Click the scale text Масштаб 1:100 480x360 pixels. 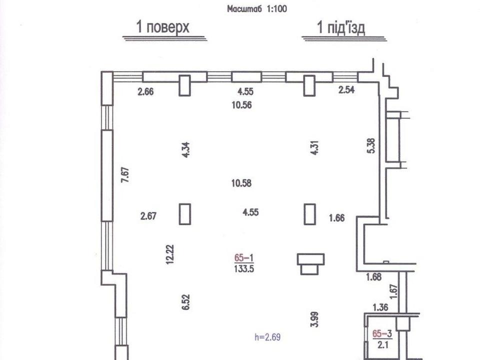click(257, 8)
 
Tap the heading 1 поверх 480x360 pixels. click(163, 27)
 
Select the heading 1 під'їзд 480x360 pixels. click(341, 27)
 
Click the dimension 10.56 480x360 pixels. click(242, 105)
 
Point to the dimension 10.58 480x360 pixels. click(241, 183)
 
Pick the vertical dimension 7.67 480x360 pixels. click(125, 175)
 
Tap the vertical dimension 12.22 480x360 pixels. click(169, 254)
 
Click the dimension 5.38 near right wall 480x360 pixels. click(371, 146)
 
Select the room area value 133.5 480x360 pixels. click(244, 269)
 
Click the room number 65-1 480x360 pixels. click(244, 258)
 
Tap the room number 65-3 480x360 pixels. click(382, 333)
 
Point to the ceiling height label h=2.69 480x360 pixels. click(267, 337)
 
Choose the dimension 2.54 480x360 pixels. click(346, 89)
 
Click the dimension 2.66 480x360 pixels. click(145, 91)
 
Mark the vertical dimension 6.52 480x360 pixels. click(186, 302)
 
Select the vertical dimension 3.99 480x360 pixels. click(314, 319)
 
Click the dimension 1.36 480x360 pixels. click(380, 307)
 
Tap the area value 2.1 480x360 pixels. click(382, 345)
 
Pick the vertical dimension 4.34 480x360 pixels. click(186, 149)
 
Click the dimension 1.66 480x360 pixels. click(336, 218)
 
